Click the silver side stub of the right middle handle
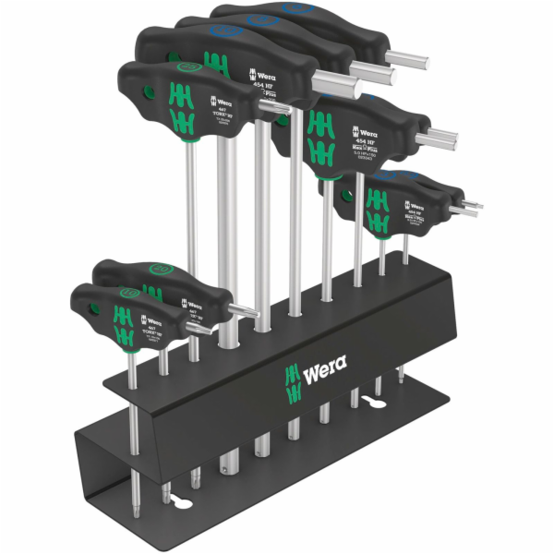[x=433, y=139]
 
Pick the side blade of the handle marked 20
[x=242, y=308]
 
